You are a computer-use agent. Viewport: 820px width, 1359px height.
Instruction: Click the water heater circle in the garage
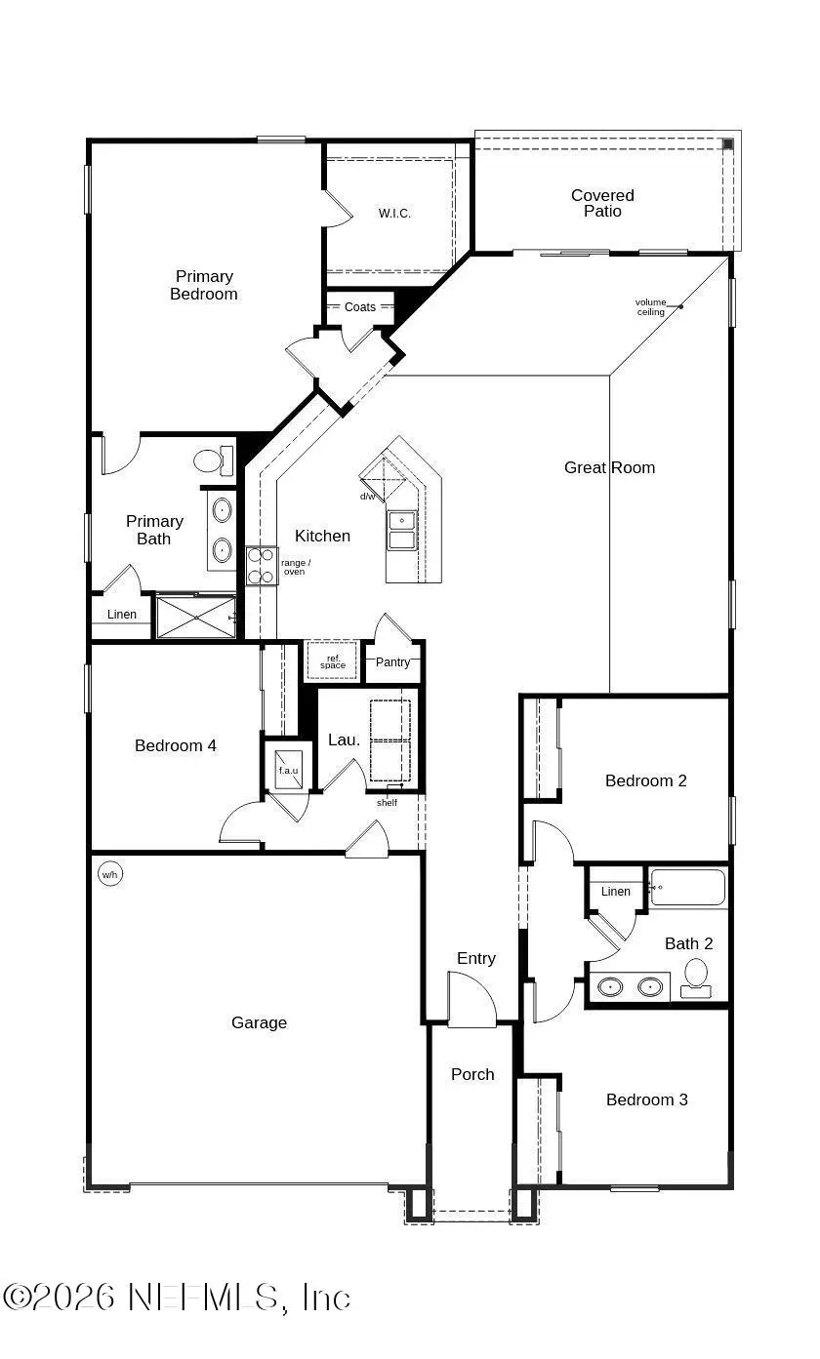[109, 875]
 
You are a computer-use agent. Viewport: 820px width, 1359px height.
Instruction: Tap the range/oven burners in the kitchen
[261, 566]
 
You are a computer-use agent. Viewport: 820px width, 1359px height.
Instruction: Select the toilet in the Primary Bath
[212, 460]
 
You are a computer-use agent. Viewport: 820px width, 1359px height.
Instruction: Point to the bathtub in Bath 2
[688, 888]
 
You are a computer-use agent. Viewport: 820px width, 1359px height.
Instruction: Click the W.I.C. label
[394, 214]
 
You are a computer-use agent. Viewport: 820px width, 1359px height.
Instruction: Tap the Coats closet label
[359, 307]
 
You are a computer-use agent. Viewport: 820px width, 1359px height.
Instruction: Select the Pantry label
[393, 662]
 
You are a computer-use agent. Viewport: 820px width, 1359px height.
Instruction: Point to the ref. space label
[333, 661]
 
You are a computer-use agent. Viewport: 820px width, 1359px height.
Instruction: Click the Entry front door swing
[471, 1000]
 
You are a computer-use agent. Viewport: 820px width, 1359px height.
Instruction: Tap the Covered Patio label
[602, 203]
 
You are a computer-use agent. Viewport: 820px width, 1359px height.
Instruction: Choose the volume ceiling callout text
[650, 306]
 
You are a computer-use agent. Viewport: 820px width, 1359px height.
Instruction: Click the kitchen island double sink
[401, 530]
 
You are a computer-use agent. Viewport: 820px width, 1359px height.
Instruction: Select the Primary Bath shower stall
[195, 617]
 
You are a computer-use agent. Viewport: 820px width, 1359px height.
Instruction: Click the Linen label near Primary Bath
[122, 615]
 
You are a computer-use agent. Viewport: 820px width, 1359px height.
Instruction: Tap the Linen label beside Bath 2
[615, 891]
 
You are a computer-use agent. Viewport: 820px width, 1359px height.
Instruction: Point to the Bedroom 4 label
[176, 745]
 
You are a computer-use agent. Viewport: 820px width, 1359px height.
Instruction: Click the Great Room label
[609, 467]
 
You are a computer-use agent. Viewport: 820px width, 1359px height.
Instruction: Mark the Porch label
[472, 1074]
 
